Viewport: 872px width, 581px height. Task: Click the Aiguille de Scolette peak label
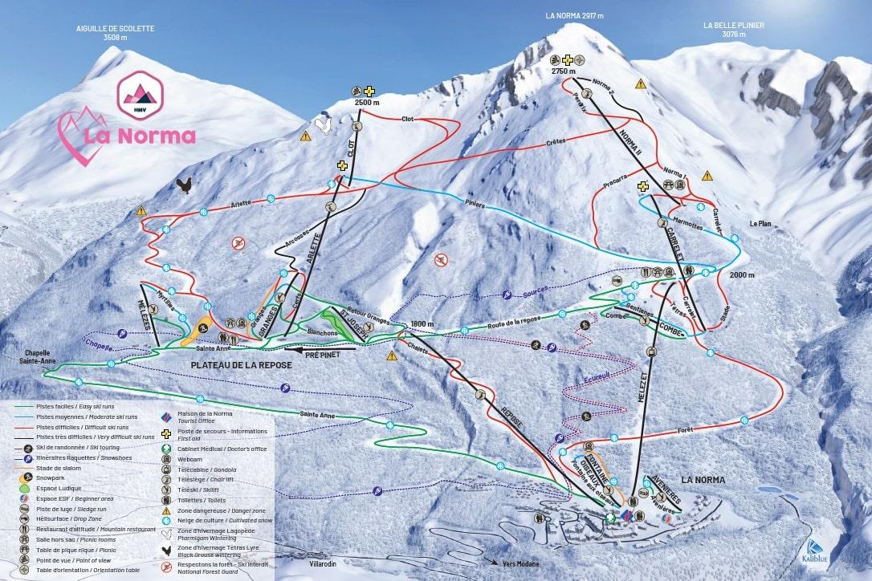pos(115,33)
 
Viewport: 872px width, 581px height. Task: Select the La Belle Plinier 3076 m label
pos(733,30)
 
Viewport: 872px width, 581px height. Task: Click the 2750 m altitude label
pos(564,71)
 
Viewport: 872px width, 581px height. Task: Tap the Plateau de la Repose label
pos(241,365)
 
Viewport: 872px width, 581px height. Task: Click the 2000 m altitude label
pos(742,274)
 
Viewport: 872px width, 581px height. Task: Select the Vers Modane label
pos(523,564)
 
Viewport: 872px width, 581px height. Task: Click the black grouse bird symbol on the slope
pos(185,186)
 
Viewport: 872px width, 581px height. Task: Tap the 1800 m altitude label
pos(422,324)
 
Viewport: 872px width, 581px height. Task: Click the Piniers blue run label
pos(475,205)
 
